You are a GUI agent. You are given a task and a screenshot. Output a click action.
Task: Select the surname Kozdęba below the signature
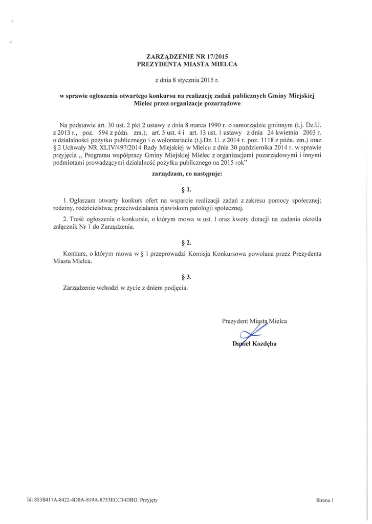263,343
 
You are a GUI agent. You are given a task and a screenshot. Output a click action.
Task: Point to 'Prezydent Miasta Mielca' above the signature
254,321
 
